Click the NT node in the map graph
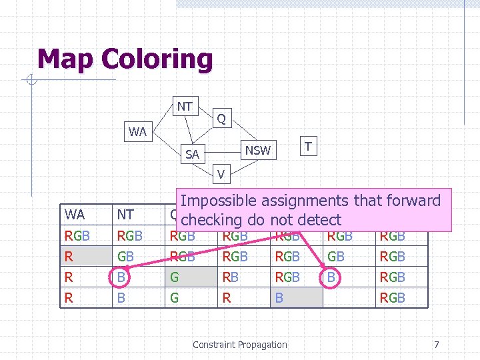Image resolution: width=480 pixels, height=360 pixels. tap(185, 106)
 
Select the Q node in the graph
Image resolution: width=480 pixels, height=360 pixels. tap(221, 119)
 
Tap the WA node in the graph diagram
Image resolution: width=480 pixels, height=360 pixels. tap(137, 131)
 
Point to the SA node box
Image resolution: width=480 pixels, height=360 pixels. tap(192, 154)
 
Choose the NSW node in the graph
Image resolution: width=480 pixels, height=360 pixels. tap(257, 150)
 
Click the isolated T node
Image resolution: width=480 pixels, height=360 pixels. tap(307, 145)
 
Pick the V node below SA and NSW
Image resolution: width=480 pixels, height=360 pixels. tap(221, 175)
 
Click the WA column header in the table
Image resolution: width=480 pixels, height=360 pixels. tap(75, 215)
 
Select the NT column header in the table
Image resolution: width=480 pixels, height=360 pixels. tap(125, 215)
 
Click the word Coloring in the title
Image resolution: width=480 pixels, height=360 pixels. tap(157, 59)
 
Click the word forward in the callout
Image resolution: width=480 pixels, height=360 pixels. tap(414, 201)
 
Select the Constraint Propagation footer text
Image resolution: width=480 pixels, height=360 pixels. tap(239, 345)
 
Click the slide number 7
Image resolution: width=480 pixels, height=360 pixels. tap(436, 345)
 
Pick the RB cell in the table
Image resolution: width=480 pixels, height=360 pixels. tap(231, 277)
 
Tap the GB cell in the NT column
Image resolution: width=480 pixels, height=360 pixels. tap(125, 256)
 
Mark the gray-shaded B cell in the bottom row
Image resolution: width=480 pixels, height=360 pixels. tap(297, 297)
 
